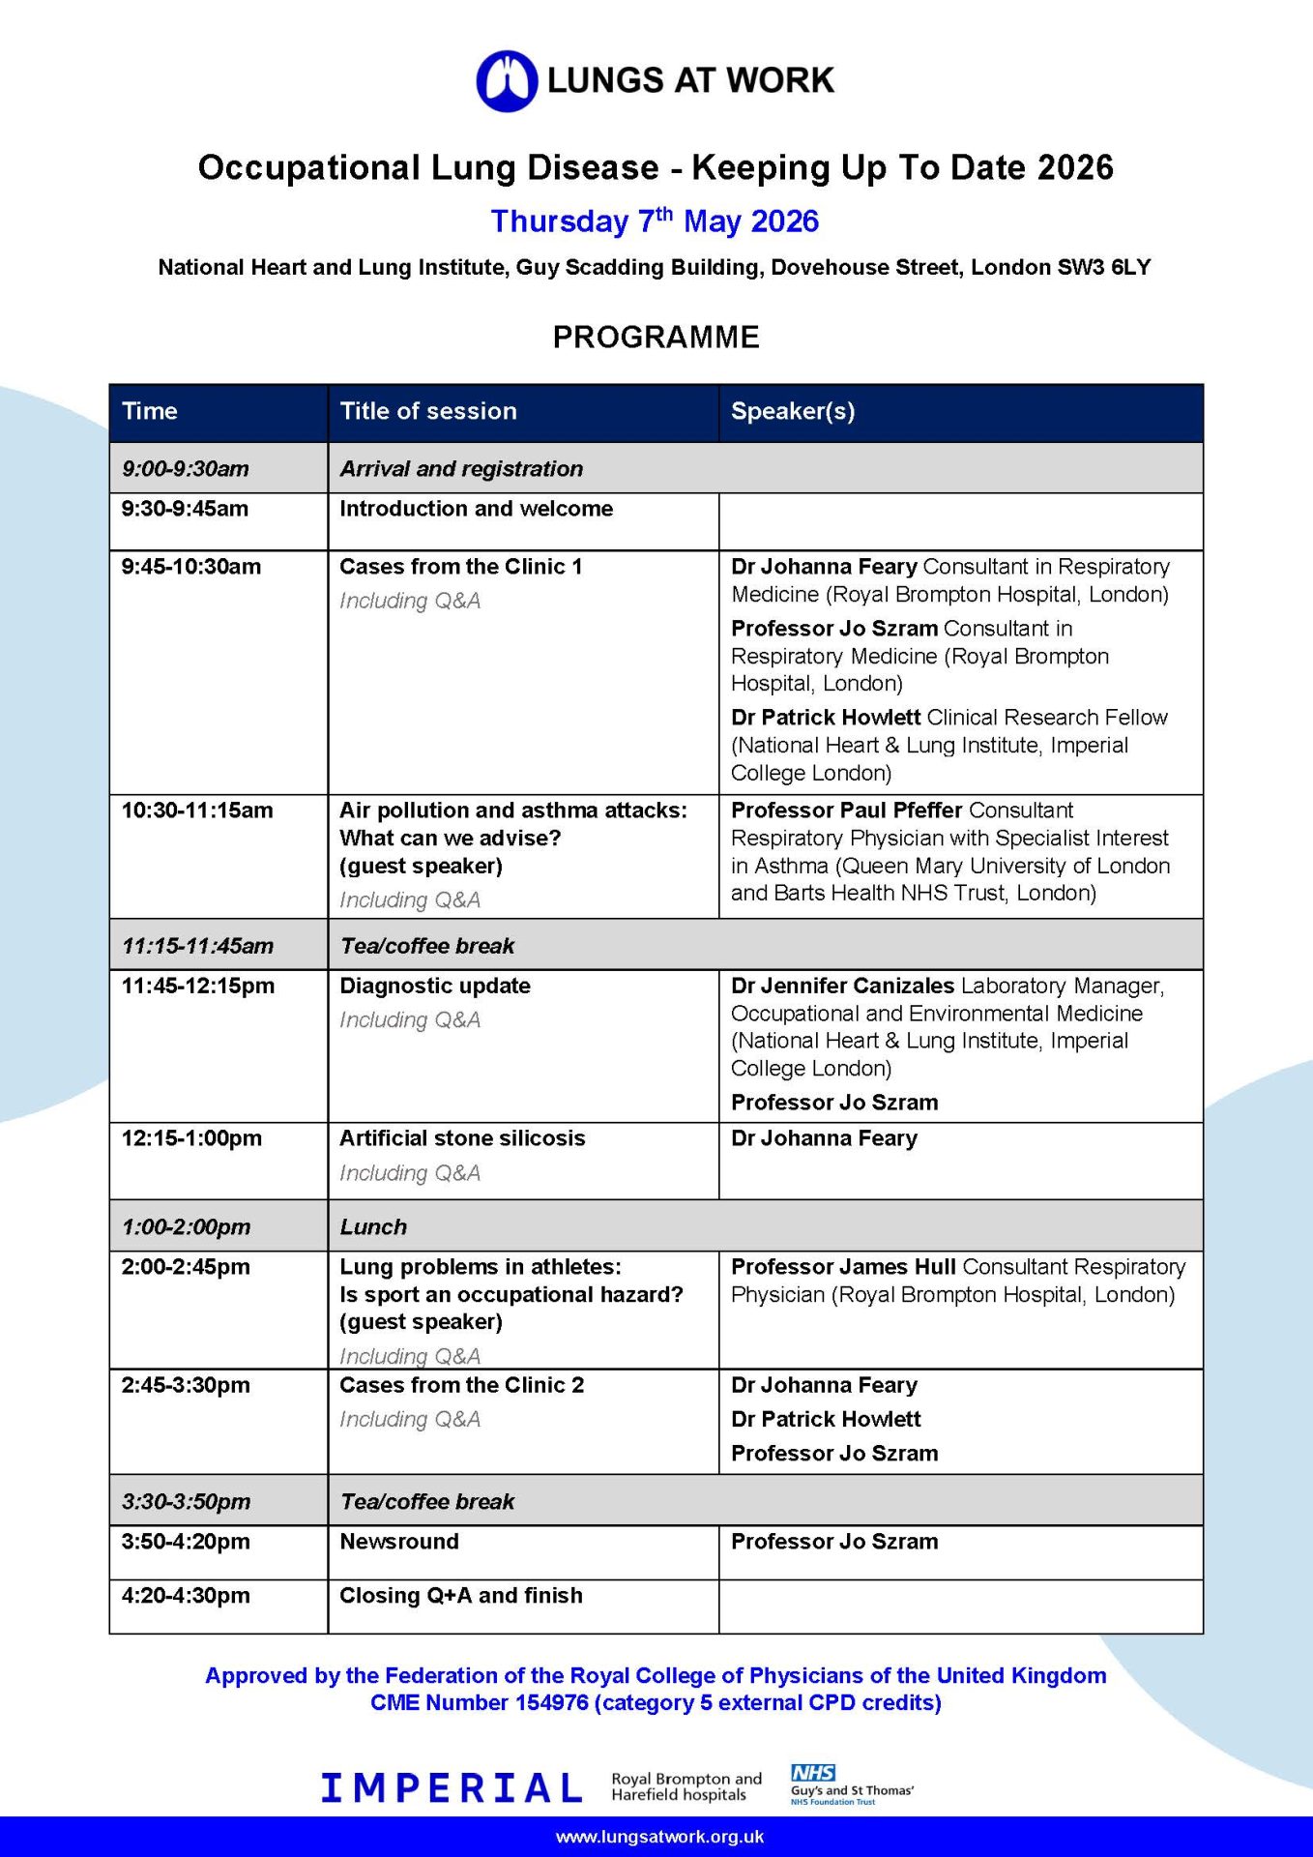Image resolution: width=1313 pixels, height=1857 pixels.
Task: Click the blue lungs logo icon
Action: (x=507, y=80)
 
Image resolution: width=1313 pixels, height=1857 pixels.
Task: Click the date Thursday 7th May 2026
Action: (x=655, y=221)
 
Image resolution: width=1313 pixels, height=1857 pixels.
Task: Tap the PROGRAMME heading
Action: (x=656, y=338)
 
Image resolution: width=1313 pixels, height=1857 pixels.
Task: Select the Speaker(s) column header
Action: (x=793, y=411)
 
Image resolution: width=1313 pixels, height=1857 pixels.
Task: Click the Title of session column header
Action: (x=428, y=411)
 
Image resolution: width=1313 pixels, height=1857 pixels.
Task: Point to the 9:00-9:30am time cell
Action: (x=186, y=469)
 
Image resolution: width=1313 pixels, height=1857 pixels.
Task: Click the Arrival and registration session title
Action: (x=461, y=469)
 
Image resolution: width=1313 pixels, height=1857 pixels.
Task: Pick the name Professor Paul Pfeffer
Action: (x=846, y=811)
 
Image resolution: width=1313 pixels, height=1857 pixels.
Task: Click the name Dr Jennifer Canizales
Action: (x=842, y=986)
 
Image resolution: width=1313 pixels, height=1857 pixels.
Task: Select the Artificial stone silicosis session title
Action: (x=462, y=1138)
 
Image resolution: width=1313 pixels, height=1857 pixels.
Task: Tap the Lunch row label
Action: (x=373, y=1226)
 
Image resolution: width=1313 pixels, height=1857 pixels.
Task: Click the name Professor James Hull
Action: (x=843, y=1267)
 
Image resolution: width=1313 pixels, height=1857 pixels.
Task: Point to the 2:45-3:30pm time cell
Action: (x=186, y=1385)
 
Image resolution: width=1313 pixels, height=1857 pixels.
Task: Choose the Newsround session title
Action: (x=399, y=1542)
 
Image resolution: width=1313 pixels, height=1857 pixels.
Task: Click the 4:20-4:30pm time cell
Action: (x=186, y=1596)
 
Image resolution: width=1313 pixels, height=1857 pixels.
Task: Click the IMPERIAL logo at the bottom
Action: (x=452, y=1788)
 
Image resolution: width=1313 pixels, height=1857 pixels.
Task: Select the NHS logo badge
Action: (x=812, y=1773)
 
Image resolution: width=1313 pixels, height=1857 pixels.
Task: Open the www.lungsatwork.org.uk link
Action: (x=659, y=1837)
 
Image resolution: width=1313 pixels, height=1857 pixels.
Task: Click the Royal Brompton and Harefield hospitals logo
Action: (x=686, y=1787)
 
